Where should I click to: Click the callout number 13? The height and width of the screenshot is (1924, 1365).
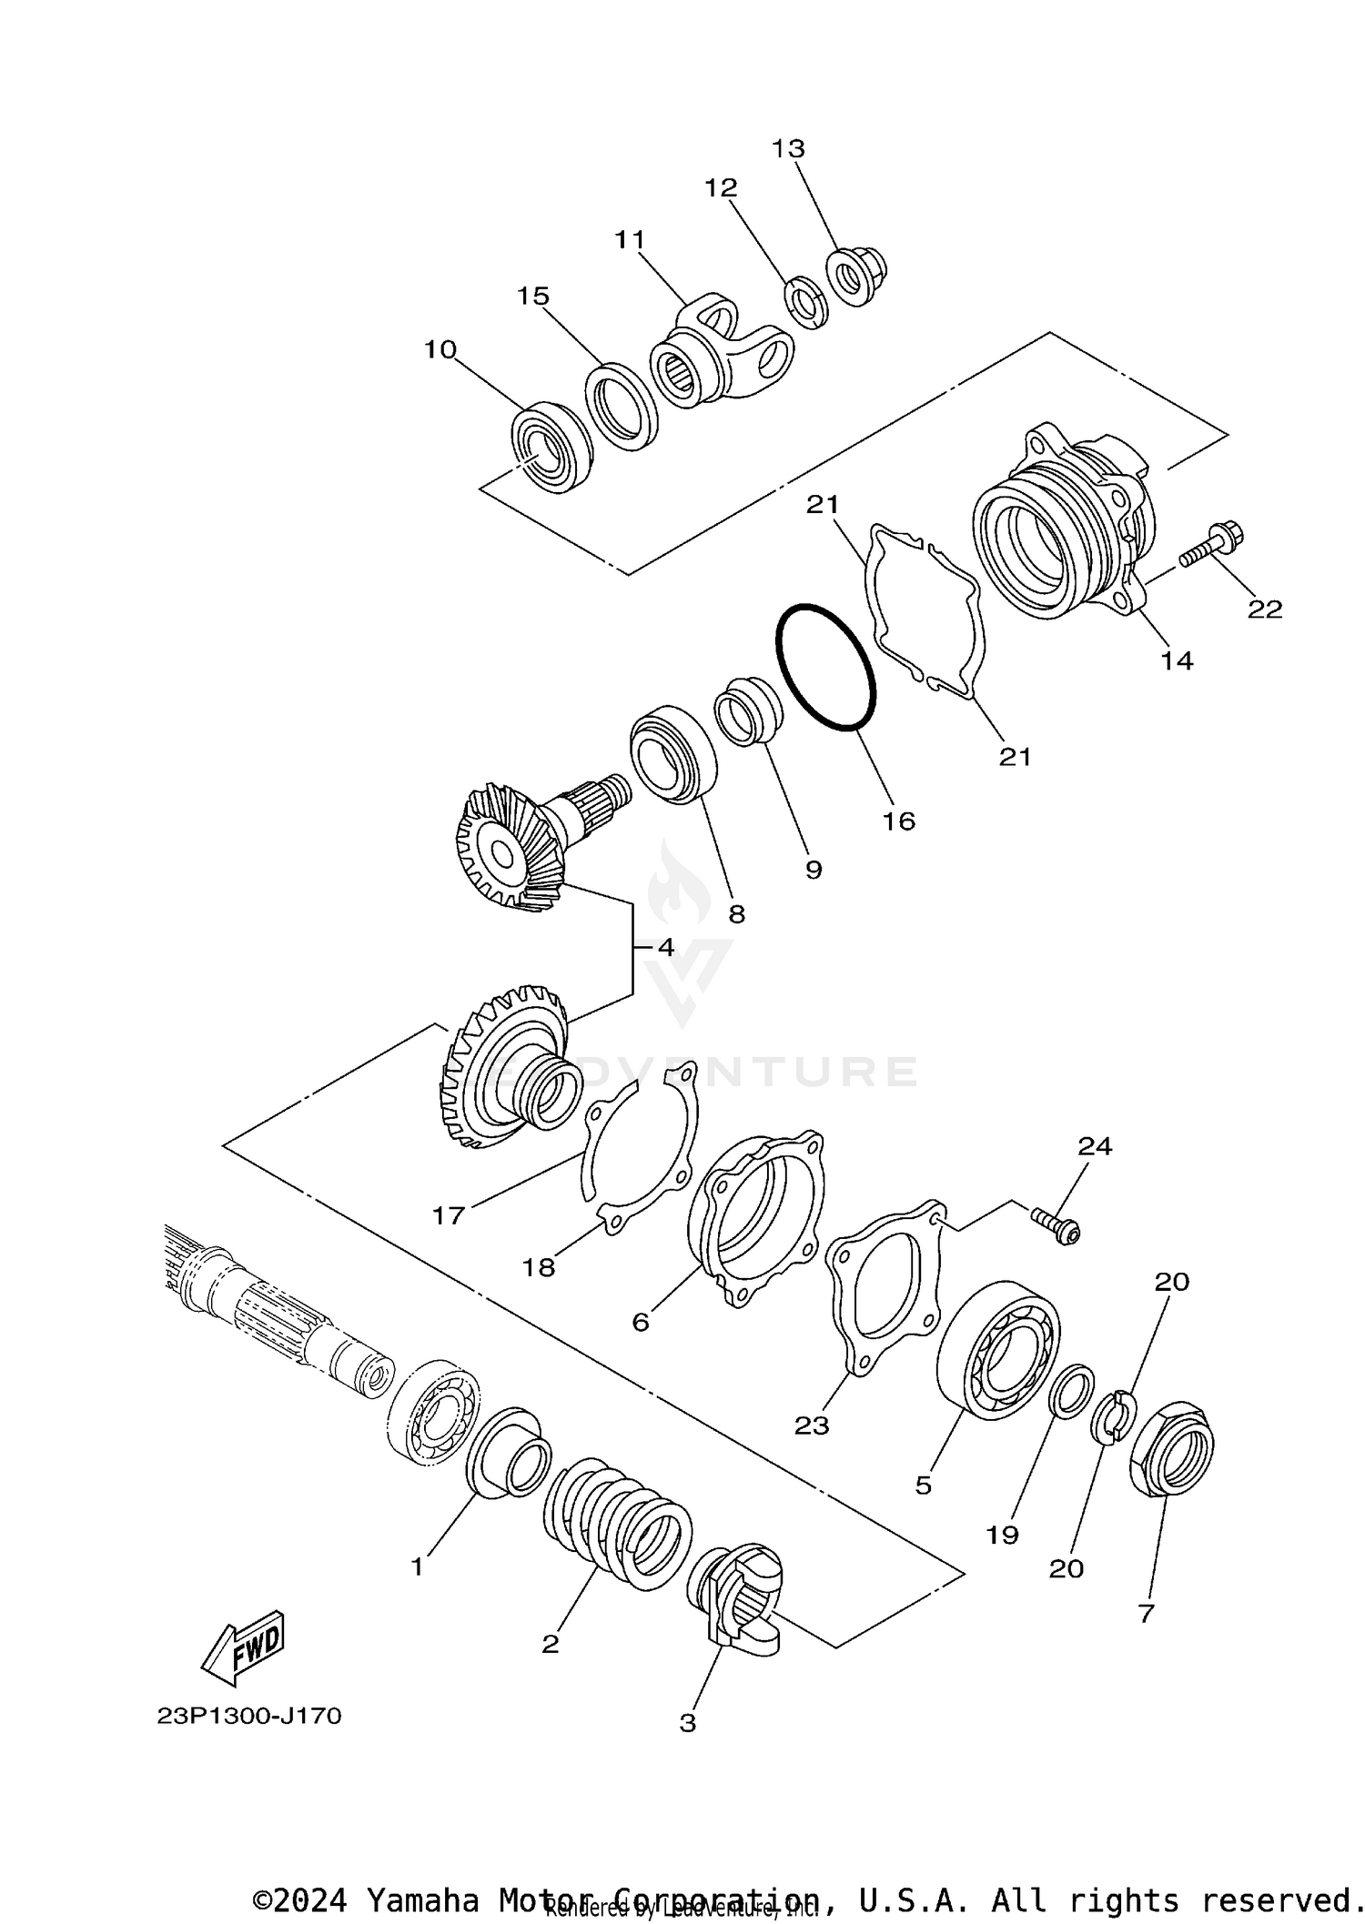coord(788,148)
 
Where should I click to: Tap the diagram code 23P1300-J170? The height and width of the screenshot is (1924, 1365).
coord(248,1716)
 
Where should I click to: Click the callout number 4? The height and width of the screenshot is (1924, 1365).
coord(665,947)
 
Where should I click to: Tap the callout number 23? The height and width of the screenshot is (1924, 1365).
coord(811,1425)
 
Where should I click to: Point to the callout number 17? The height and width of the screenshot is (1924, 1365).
coord(448,1214)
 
